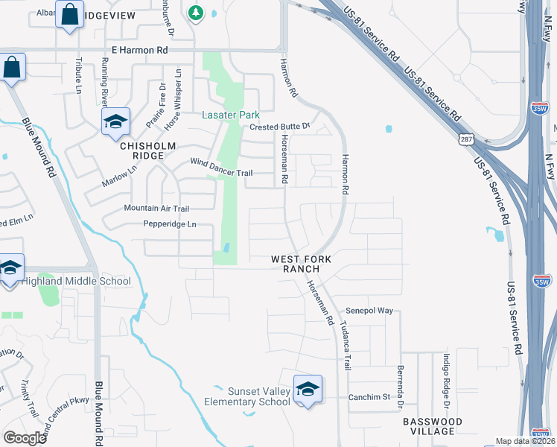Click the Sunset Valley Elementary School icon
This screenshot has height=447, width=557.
[x=308, y=389]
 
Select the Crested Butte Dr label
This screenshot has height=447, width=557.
[x=279, y=127]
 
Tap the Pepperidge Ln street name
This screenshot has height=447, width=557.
[x=171, y=223]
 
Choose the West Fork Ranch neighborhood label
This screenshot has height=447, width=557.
[x=300, y=264]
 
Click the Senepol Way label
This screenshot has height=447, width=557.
[x=369, y=310]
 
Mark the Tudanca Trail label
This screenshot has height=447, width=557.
[x=346, y=347]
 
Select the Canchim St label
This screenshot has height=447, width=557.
[x=369, y=396]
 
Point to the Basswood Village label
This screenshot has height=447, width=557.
[x=433, y=426]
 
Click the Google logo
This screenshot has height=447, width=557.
[x=25, y=438]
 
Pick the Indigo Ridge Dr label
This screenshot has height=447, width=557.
[x=447, y=380]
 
